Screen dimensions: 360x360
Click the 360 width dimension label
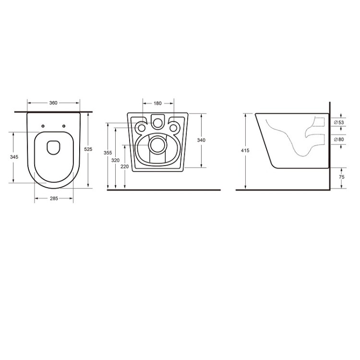tap(53, 103)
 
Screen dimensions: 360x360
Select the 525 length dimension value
tap(88, 149)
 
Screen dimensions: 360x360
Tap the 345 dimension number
tap(14, 157)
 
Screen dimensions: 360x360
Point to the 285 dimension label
tap(54, 198)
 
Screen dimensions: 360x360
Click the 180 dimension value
tap(157, 103)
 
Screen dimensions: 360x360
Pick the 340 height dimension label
tap(201, 140)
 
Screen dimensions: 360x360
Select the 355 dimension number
tap(108, 153)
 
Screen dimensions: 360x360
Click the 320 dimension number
tap(116, 160)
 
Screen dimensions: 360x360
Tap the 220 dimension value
tap(125, 167)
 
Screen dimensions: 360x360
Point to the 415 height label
tap(245, 151)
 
